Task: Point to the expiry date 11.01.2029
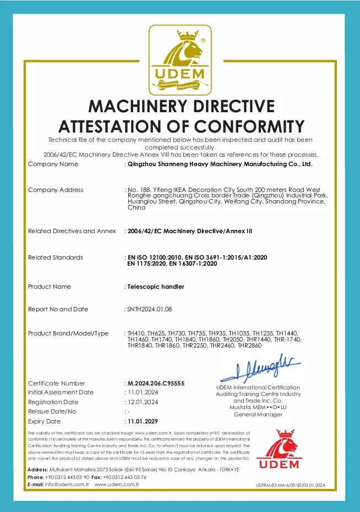[x=143, y=421]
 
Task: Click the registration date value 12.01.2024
[x=143, y=402]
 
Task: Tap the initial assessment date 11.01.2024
[x=143, y=392]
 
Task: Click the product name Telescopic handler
[x=155, y=287]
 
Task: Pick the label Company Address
[x=56, y=190]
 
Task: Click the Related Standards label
[x=55, y=257]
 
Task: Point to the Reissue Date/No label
[x=52, y=411]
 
